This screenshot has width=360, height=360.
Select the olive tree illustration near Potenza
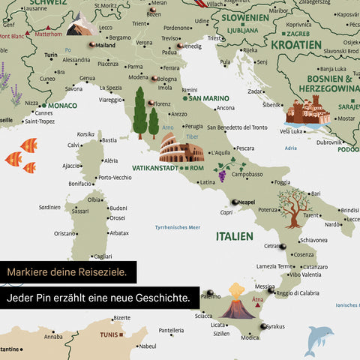[292, 205]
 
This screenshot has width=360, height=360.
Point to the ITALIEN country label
[234, 236]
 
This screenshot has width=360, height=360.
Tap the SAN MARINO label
[208, 97]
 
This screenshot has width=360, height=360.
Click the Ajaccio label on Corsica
[72, 166]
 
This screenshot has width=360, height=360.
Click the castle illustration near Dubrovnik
[306, 112]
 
